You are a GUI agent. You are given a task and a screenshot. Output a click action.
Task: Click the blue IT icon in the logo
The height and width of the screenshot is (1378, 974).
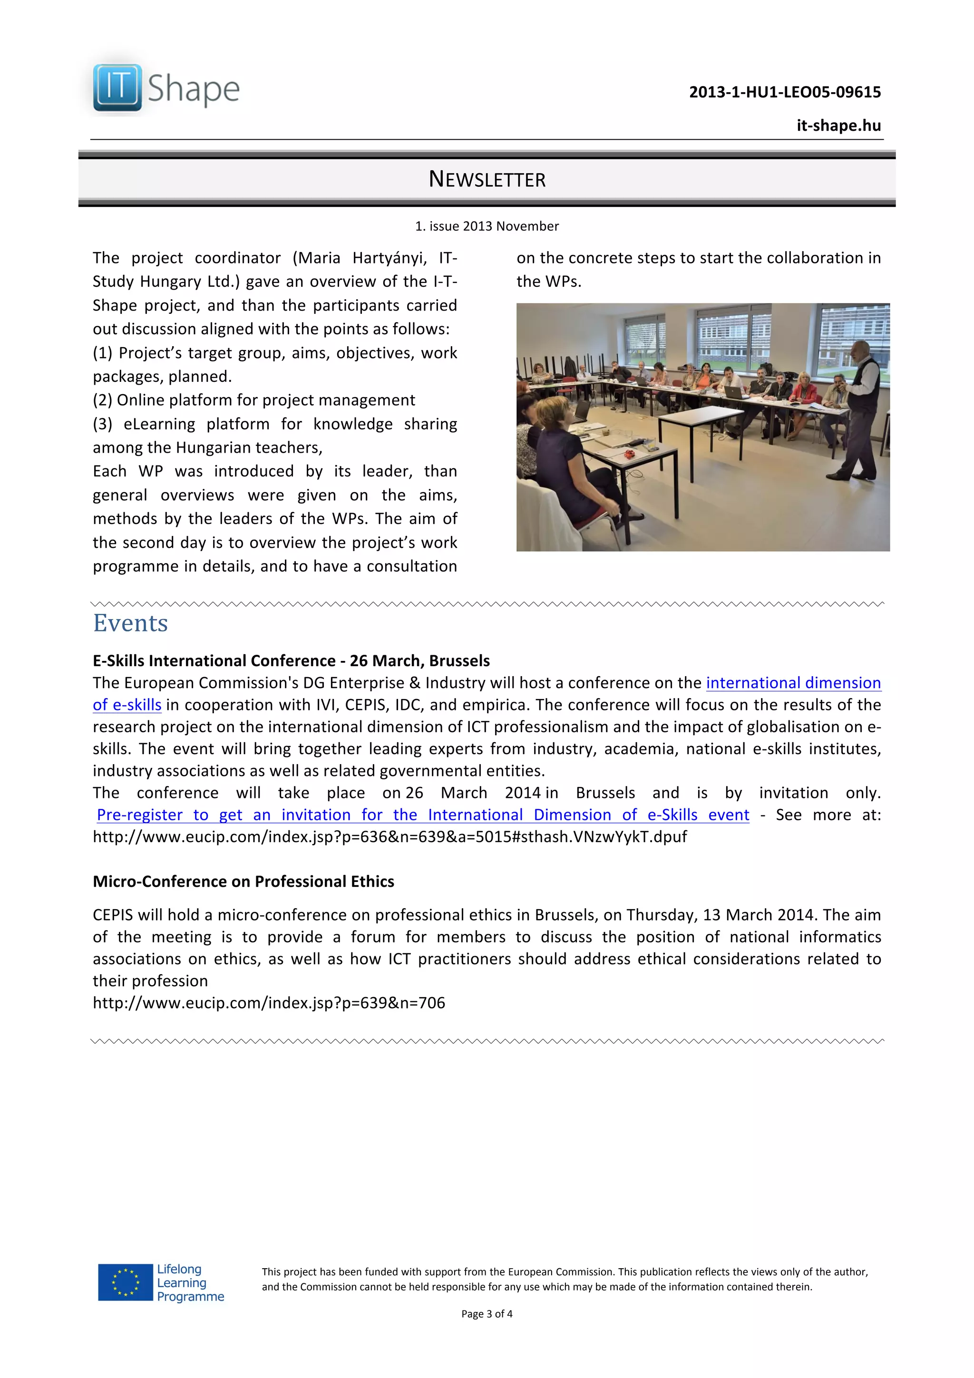click(117, 87)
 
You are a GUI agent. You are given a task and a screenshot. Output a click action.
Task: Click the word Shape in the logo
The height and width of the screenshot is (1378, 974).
click(193, 89)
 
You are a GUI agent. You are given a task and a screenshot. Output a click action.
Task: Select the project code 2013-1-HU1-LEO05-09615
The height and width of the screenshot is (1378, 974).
click(784, 92)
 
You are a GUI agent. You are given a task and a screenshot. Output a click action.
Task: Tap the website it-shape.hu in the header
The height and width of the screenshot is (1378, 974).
click(838, 126)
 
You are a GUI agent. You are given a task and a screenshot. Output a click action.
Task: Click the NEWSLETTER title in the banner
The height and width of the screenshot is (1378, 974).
click(487, 179)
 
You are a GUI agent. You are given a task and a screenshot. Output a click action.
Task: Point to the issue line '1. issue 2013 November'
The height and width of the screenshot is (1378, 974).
click(487, 226)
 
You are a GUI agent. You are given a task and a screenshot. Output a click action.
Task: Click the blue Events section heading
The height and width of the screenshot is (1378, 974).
click(130, 623)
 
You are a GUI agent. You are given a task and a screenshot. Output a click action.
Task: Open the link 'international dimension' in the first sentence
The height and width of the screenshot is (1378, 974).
click(793, 683)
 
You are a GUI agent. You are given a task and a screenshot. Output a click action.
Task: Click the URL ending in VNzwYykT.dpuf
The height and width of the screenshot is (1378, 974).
click(390, 837)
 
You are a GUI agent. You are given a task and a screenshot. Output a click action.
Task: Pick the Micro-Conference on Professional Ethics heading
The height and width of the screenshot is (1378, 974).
click(243, 882)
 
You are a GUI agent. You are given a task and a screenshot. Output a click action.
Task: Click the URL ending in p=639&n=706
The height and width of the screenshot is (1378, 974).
click(269, 1003)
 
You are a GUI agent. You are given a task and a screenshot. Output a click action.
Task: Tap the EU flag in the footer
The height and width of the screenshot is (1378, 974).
click(126, 1282)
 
